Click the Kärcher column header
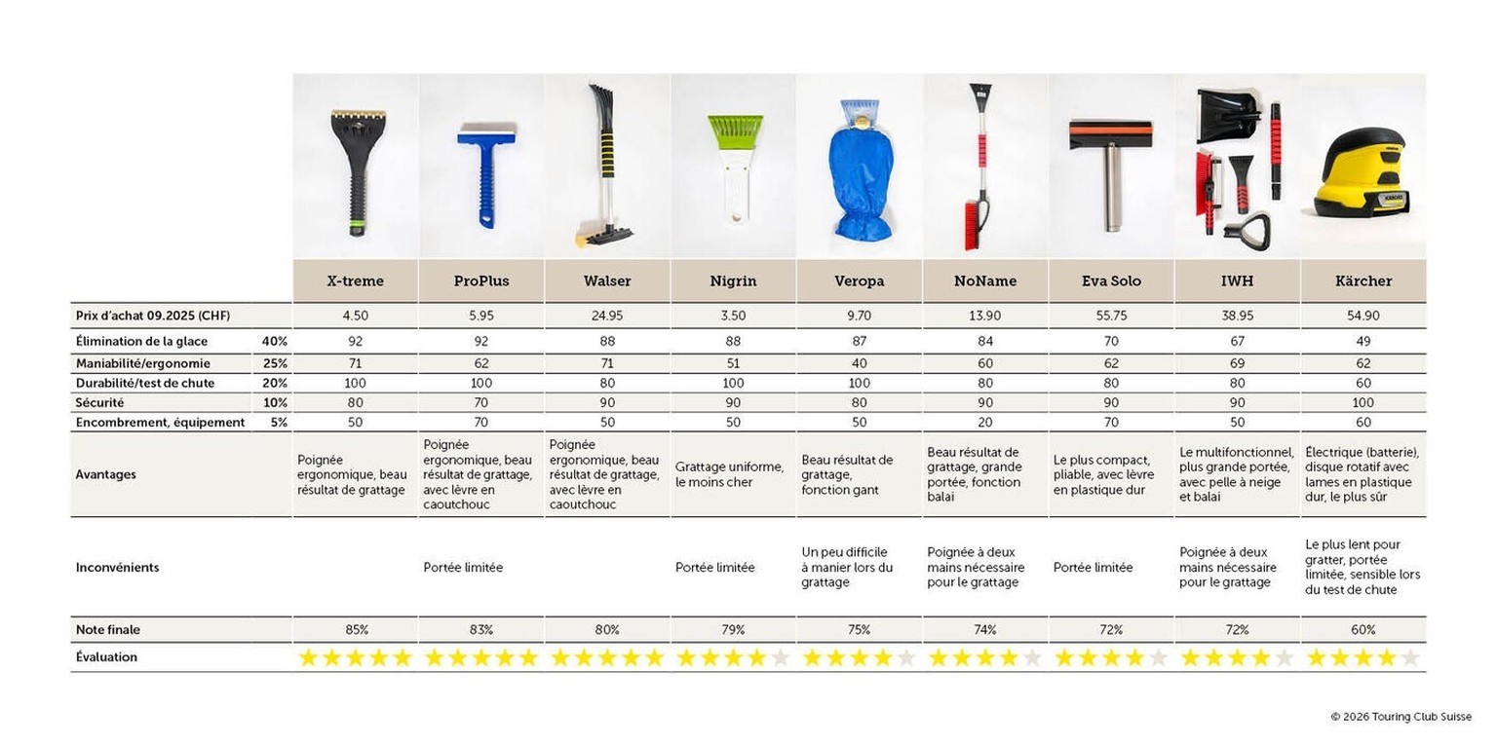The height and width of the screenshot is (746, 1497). click(1363, 280)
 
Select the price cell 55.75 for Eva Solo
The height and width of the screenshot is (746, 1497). click(1111, 316)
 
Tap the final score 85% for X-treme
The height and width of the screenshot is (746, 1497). click(355, 630)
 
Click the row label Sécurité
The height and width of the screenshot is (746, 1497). click(100, 402)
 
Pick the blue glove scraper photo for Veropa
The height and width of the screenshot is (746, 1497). click(860, 170)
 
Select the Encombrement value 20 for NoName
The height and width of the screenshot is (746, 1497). click(985, 423)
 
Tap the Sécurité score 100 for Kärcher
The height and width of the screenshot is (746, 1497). click(1363, 402)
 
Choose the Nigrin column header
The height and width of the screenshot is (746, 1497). click(733, 280)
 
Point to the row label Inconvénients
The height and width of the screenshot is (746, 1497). click(117, 567)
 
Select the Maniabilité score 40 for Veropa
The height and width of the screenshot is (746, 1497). click(859, 363)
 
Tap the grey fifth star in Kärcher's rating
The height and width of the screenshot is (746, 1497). click(1409, 657)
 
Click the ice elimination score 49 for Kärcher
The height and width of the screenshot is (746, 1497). click(1363, 342)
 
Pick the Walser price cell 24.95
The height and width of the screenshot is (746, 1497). click(607, 316)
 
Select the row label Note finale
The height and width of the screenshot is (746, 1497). click(107, 630)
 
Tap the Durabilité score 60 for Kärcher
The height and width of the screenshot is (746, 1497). click(1363, 383)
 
